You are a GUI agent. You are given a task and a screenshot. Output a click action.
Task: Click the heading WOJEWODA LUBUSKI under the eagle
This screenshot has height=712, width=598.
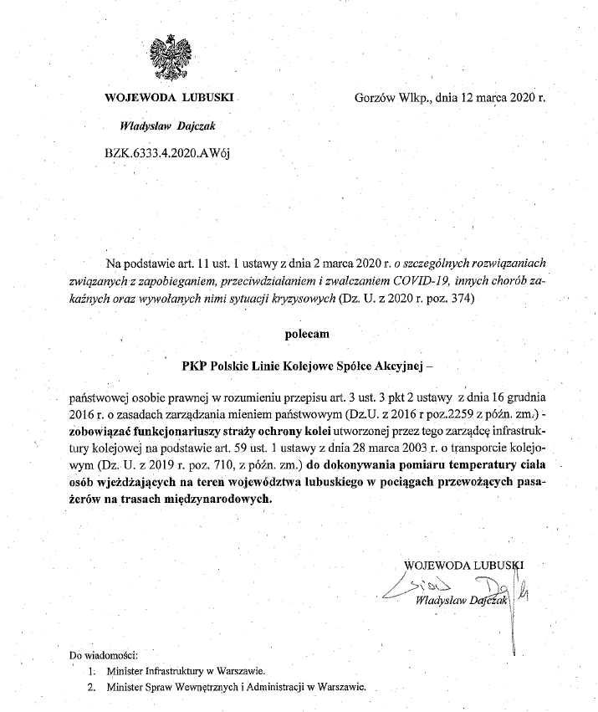coord(171,98)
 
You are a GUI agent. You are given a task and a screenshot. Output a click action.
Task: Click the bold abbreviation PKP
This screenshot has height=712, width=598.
coord(195,365)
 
